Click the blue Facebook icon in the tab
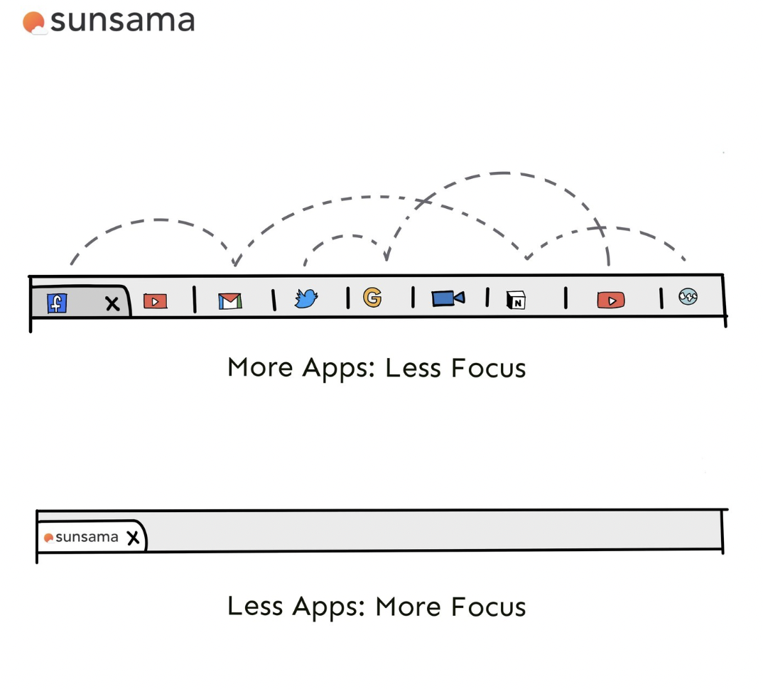point(57,303)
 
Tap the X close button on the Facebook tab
point(112,304)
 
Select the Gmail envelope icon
point(229,301)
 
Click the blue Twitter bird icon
point(306,300)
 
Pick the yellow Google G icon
point(372,298)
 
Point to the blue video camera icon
point(448,298)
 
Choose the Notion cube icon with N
point(516,300)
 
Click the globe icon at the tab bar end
point(688,297)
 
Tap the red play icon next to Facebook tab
point(155,301)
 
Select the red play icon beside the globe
point(611,300)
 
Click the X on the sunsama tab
point(133,538)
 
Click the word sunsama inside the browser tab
point(87,537)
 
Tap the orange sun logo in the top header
point(33,23)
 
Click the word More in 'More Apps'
point(260,368)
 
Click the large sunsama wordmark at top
point(122,21)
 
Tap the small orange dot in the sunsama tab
point(48,538)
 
